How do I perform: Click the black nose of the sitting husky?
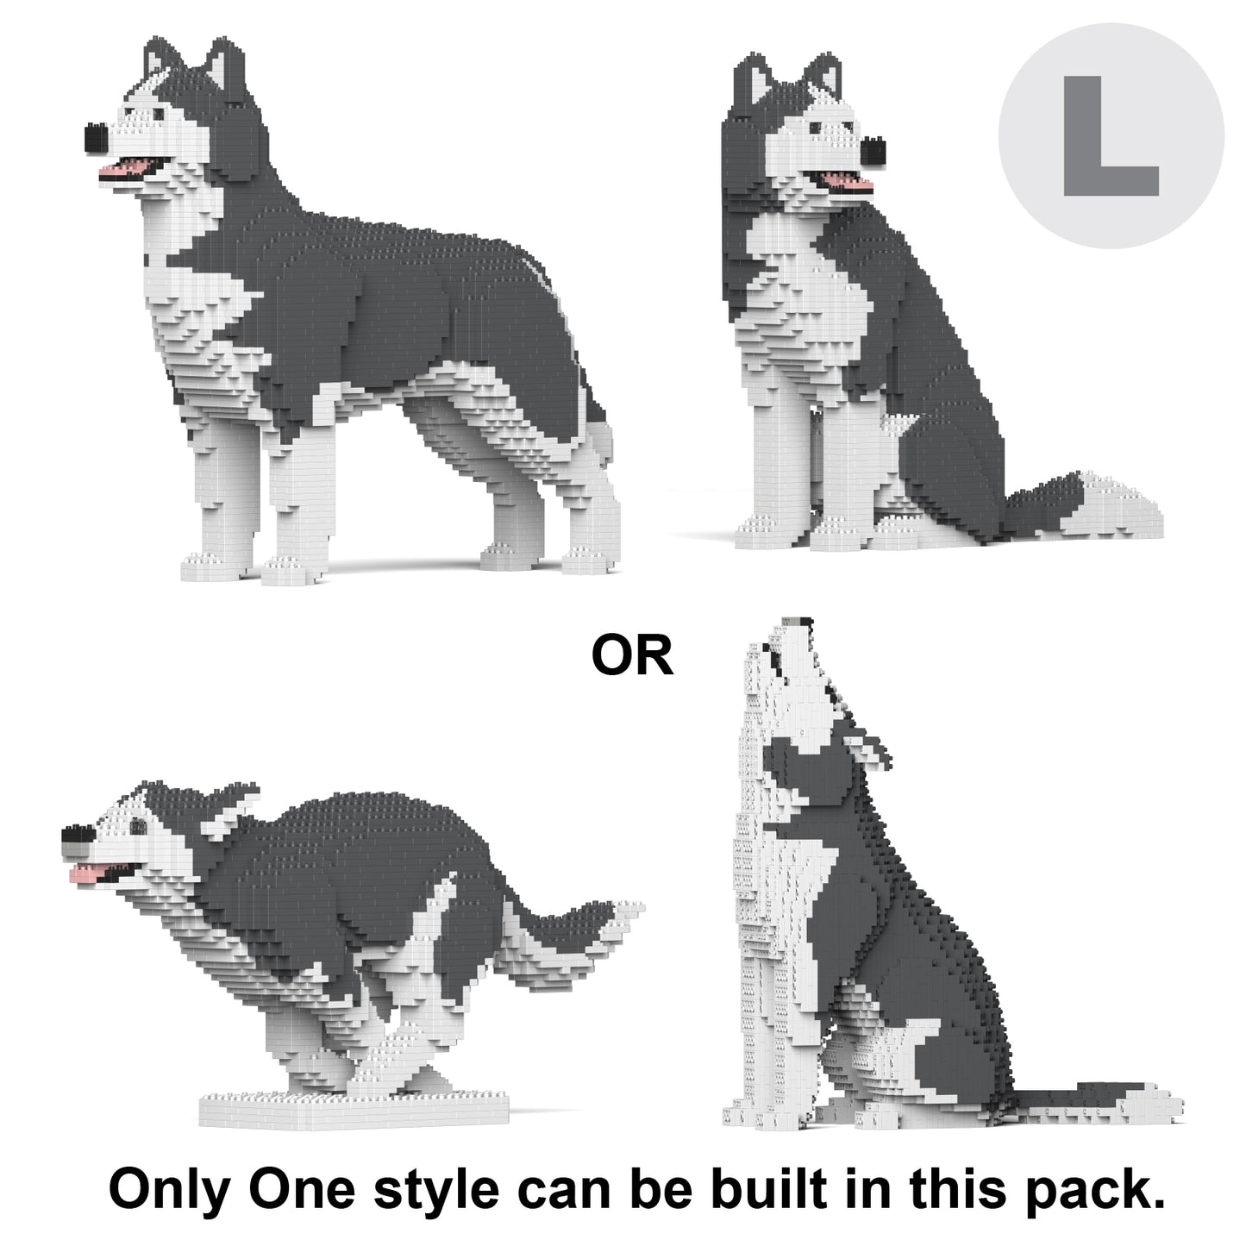click(x=873, y=151)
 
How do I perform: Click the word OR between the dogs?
click(x=632, y=655)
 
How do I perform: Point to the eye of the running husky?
click(x=138, y=826)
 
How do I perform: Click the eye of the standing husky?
click(x=159, y=114)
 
